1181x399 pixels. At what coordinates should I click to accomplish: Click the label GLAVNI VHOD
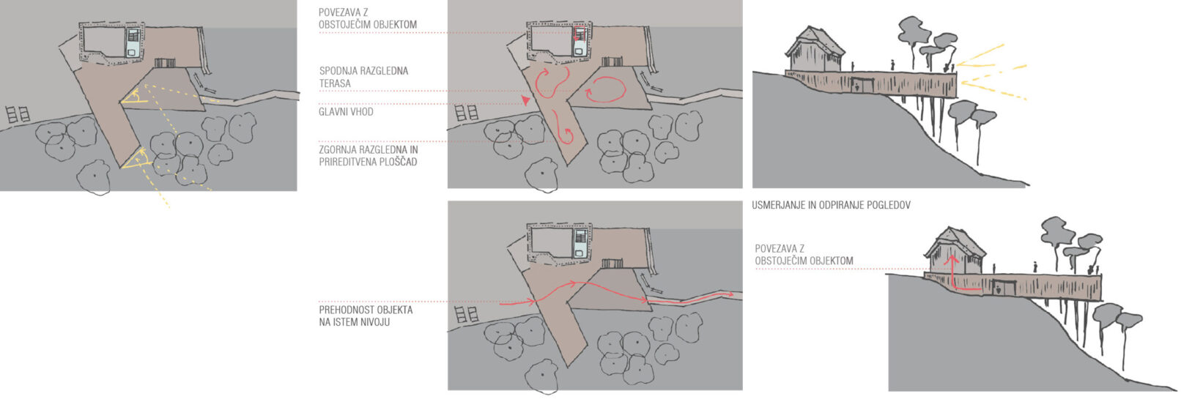tap(346, 112)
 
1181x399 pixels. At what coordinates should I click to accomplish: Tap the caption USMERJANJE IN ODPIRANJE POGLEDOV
tap(831, 205)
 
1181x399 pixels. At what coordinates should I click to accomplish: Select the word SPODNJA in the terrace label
tap(338, 70)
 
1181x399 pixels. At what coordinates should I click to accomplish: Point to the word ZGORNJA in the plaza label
tap(338, 149)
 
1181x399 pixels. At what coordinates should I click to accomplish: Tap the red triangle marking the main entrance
tap(525, 100)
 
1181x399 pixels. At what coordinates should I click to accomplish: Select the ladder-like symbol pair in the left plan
tap(18, 114)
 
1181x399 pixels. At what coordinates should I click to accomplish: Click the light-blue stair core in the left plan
tap(133, 42)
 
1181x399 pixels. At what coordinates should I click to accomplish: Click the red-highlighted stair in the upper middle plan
tap(580, 34)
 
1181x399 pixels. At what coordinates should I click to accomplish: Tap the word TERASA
tap(335, 83)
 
